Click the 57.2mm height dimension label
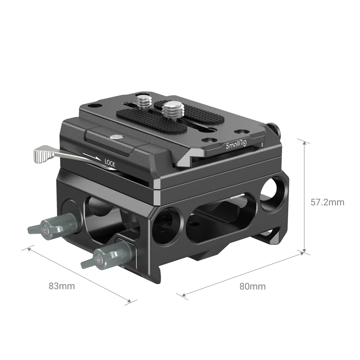(x=327, y=202)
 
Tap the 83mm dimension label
(x=62, y=286)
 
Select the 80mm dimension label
(x=252, y=286)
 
